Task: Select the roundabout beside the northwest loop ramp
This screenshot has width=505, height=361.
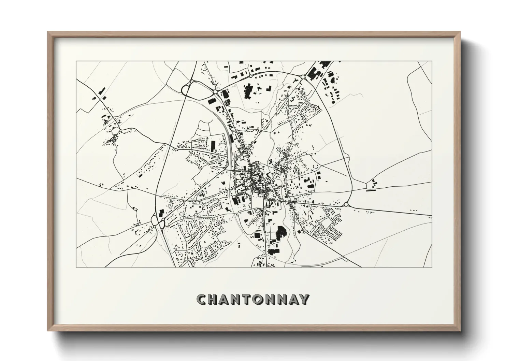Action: pos(215,92)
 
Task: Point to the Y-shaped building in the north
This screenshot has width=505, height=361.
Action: pos(294,81)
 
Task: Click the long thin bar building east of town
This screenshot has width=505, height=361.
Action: pos(370,191)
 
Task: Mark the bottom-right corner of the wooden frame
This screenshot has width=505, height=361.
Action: pos(460,331)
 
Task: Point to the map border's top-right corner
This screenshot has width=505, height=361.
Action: pos(432,61)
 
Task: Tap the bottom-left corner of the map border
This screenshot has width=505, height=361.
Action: pos(76,268)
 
